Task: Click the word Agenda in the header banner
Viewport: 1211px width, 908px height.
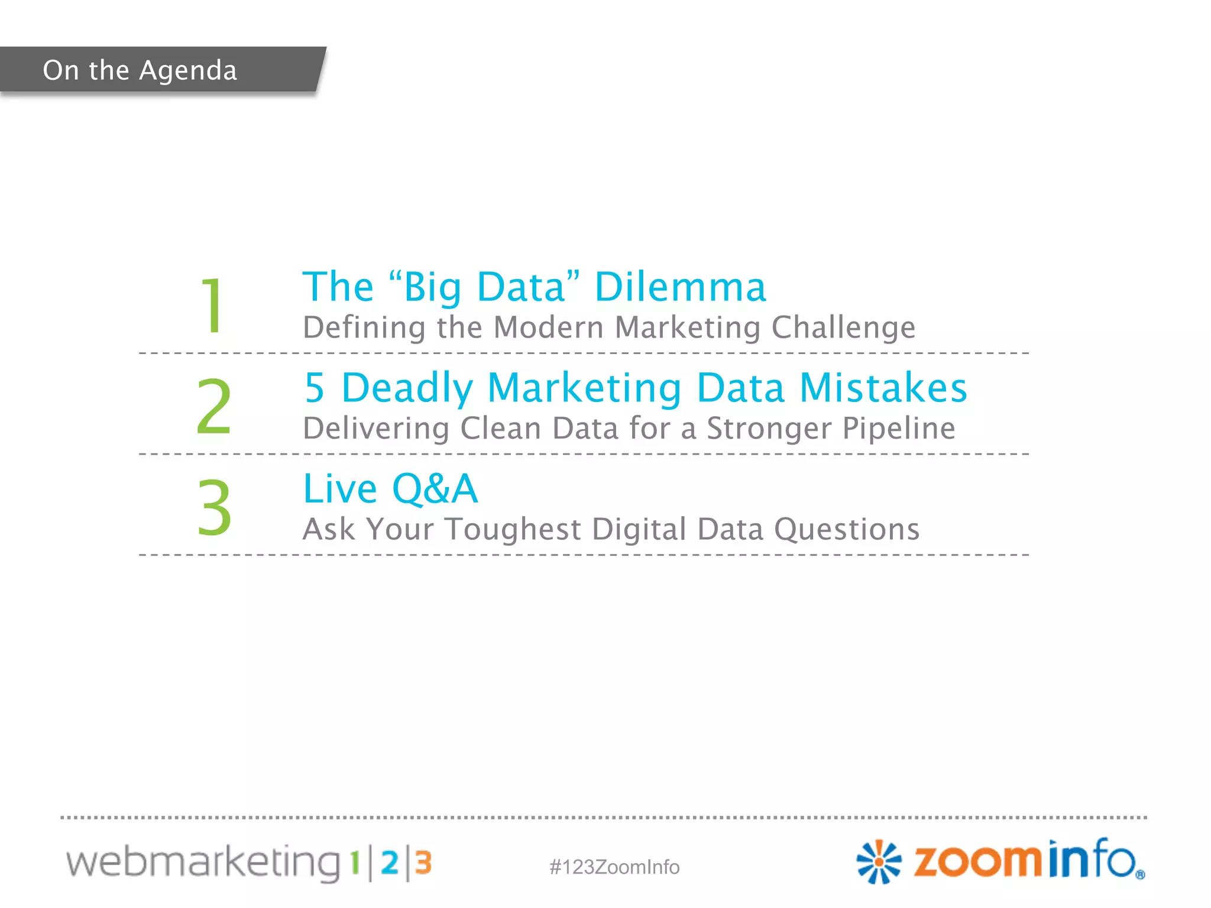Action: point(188,71)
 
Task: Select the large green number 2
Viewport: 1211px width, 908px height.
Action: point(213,407)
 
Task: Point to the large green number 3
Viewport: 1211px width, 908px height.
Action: point(214,508)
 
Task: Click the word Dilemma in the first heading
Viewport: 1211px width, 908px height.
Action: point(680,287)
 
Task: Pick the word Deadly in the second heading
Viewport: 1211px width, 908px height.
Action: point(407,388)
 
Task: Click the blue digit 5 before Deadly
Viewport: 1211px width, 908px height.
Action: point(315,388)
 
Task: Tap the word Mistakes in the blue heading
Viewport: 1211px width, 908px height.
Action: point(883,388)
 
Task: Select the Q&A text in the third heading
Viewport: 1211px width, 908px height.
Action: point(435,489)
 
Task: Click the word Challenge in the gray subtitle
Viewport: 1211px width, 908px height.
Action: point(843,327)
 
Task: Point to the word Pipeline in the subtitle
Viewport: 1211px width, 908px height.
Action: point(898,429)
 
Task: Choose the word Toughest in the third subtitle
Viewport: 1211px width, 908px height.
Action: point(513,529)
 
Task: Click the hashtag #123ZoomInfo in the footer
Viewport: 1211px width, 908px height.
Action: point(614,867)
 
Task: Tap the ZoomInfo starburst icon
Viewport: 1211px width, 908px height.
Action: point(879,862)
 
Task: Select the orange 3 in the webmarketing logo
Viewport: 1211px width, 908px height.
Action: point(423,863)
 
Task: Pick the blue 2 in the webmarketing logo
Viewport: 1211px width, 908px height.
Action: point(389,863)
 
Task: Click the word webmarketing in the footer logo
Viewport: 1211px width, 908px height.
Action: point(203,862)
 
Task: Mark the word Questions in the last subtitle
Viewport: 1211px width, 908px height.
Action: point(847,529)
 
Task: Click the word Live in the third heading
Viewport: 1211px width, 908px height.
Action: point(340,489)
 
